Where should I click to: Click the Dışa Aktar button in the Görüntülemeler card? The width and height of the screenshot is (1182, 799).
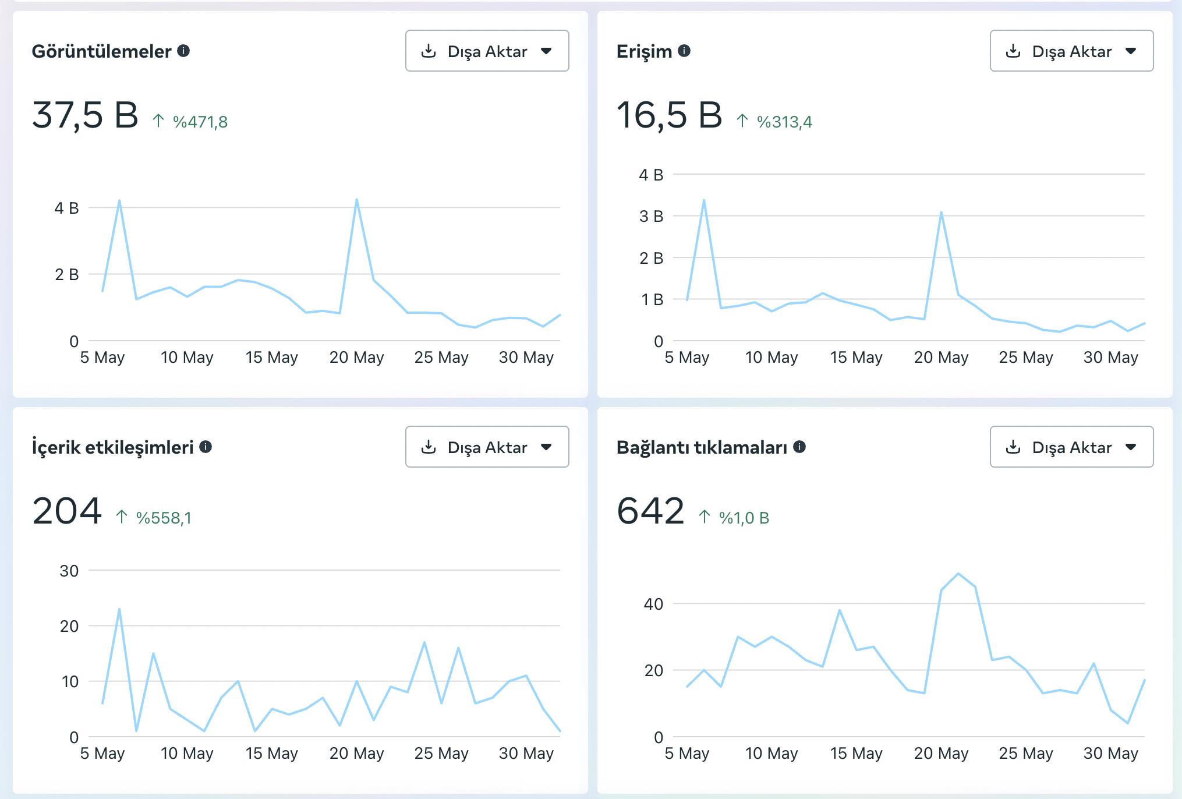pos(487,51)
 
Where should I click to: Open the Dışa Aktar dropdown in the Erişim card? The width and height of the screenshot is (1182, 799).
pos(1071,51)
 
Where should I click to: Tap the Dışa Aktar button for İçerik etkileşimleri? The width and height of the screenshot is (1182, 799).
pos(487,447)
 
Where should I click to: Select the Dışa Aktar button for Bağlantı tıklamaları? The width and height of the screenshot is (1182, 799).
pos(1071,447)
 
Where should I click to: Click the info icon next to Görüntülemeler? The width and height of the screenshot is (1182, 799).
pos(183,51)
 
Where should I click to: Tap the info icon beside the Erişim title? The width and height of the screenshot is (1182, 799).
pos(684,51)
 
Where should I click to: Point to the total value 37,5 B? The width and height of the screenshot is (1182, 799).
pos(85,115)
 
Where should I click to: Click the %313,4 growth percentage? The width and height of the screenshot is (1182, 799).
pos(784,122)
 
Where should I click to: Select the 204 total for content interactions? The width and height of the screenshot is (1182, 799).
pos(67,511)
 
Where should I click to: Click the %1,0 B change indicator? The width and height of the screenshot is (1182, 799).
pos(744,518)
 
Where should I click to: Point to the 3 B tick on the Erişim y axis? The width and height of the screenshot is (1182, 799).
pos(651,216)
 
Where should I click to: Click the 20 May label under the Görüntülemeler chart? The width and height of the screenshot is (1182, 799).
pos(356,357)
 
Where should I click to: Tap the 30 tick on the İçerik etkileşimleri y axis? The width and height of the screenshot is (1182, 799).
pos(69,571)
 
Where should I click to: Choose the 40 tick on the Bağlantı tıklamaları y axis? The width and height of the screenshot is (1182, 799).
pos(653,604)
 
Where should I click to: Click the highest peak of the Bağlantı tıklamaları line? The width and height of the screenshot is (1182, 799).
pos(958,574)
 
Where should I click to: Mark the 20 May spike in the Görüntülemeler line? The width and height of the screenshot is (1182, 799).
pos(356,200)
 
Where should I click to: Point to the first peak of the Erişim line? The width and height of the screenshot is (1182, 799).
pos(704,201)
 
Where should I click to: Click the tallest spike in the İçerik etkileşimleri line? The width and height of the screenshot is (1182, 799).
pos(119,610)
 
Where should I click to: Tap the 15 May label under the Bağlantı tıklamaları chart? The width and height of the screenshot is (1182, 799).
pos(856,753)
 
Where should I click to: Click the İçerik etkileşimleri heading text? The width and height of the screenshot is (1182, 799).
pos(112,447)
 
